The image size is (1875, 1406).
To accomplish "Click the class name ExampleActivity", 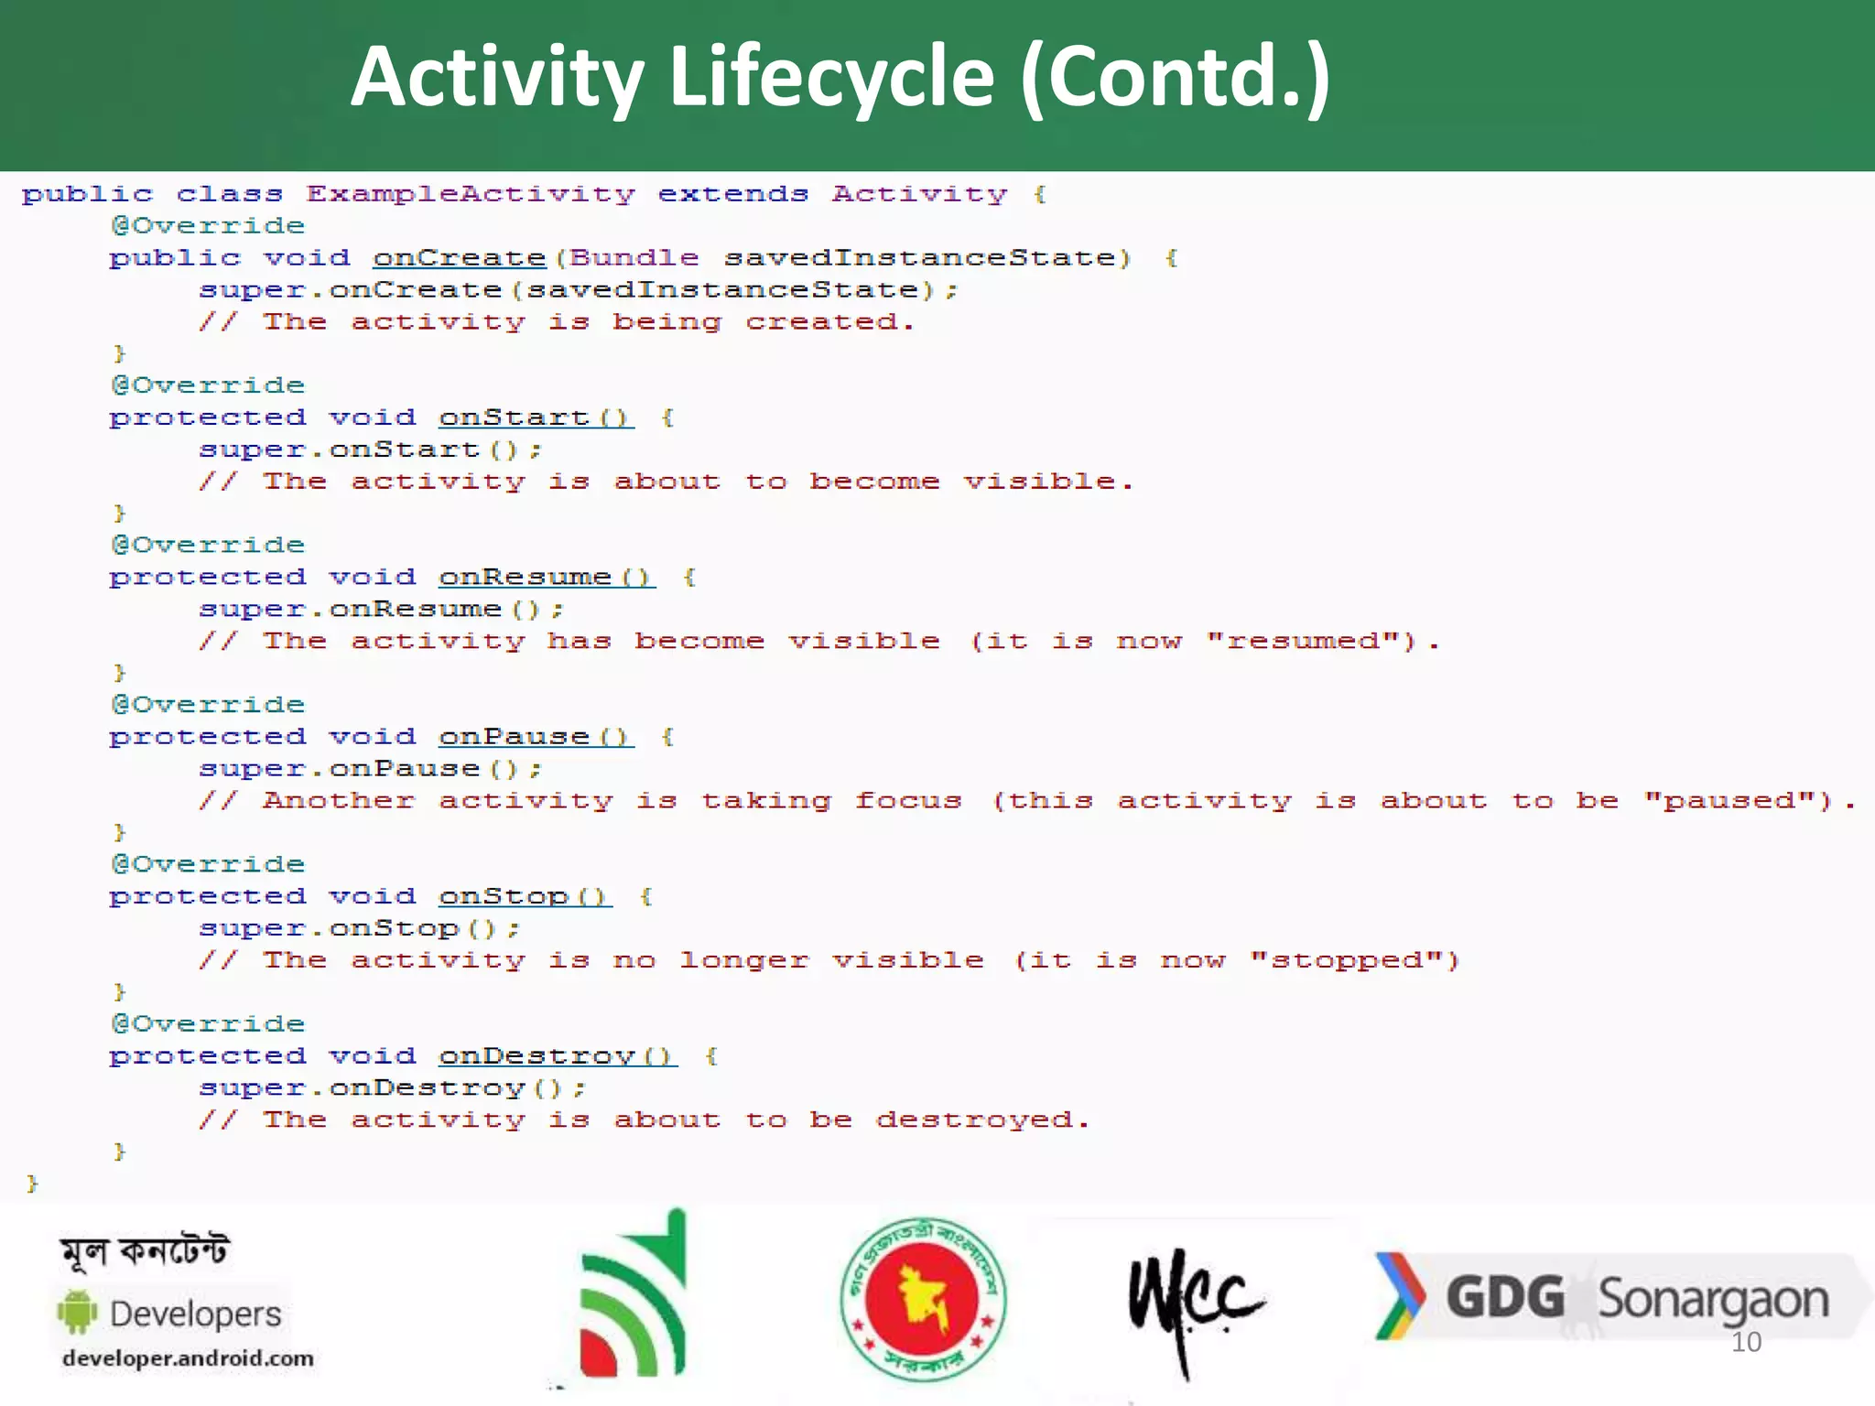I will (x=470, y=194).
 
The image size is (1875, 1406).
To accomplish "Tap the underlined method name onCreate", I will (x=459, y=258).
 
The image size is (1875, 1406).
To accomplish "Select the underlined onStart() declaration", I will (x=536, y=418).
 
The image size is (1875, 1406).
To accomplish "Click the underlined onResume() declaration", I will (x=547, y=578).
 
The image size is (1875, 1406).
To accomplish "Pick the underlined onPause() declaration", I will (x=536, y=738).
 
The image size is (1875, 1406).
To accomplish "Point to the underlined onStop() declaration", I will (x=525, y=897).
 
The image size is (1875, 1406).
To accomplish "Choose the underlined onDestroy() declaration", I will (x=558, y=1057).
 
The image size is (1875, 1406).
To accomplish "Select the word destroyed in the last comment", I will (x=975, y=1120).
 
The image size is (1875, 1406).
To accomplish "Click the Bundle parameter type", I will (x=634, y=258).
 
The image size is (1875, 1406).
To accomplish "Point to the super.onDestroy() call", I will (x=392, y=1088).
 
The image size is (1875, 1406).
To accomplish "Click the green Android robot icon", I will (x=77, y=1313).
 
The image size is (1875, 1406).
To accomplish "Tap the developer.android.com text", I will (x=188, y=1358).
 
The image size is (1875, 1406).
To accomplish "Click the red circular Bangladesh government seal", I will (x=923, y=1298).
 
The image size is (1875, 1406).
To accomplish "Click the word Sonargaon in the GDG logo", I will (x=1713, y=1300).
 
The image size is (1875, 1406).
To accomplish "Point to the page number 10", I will (x=1746, y=1343).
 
